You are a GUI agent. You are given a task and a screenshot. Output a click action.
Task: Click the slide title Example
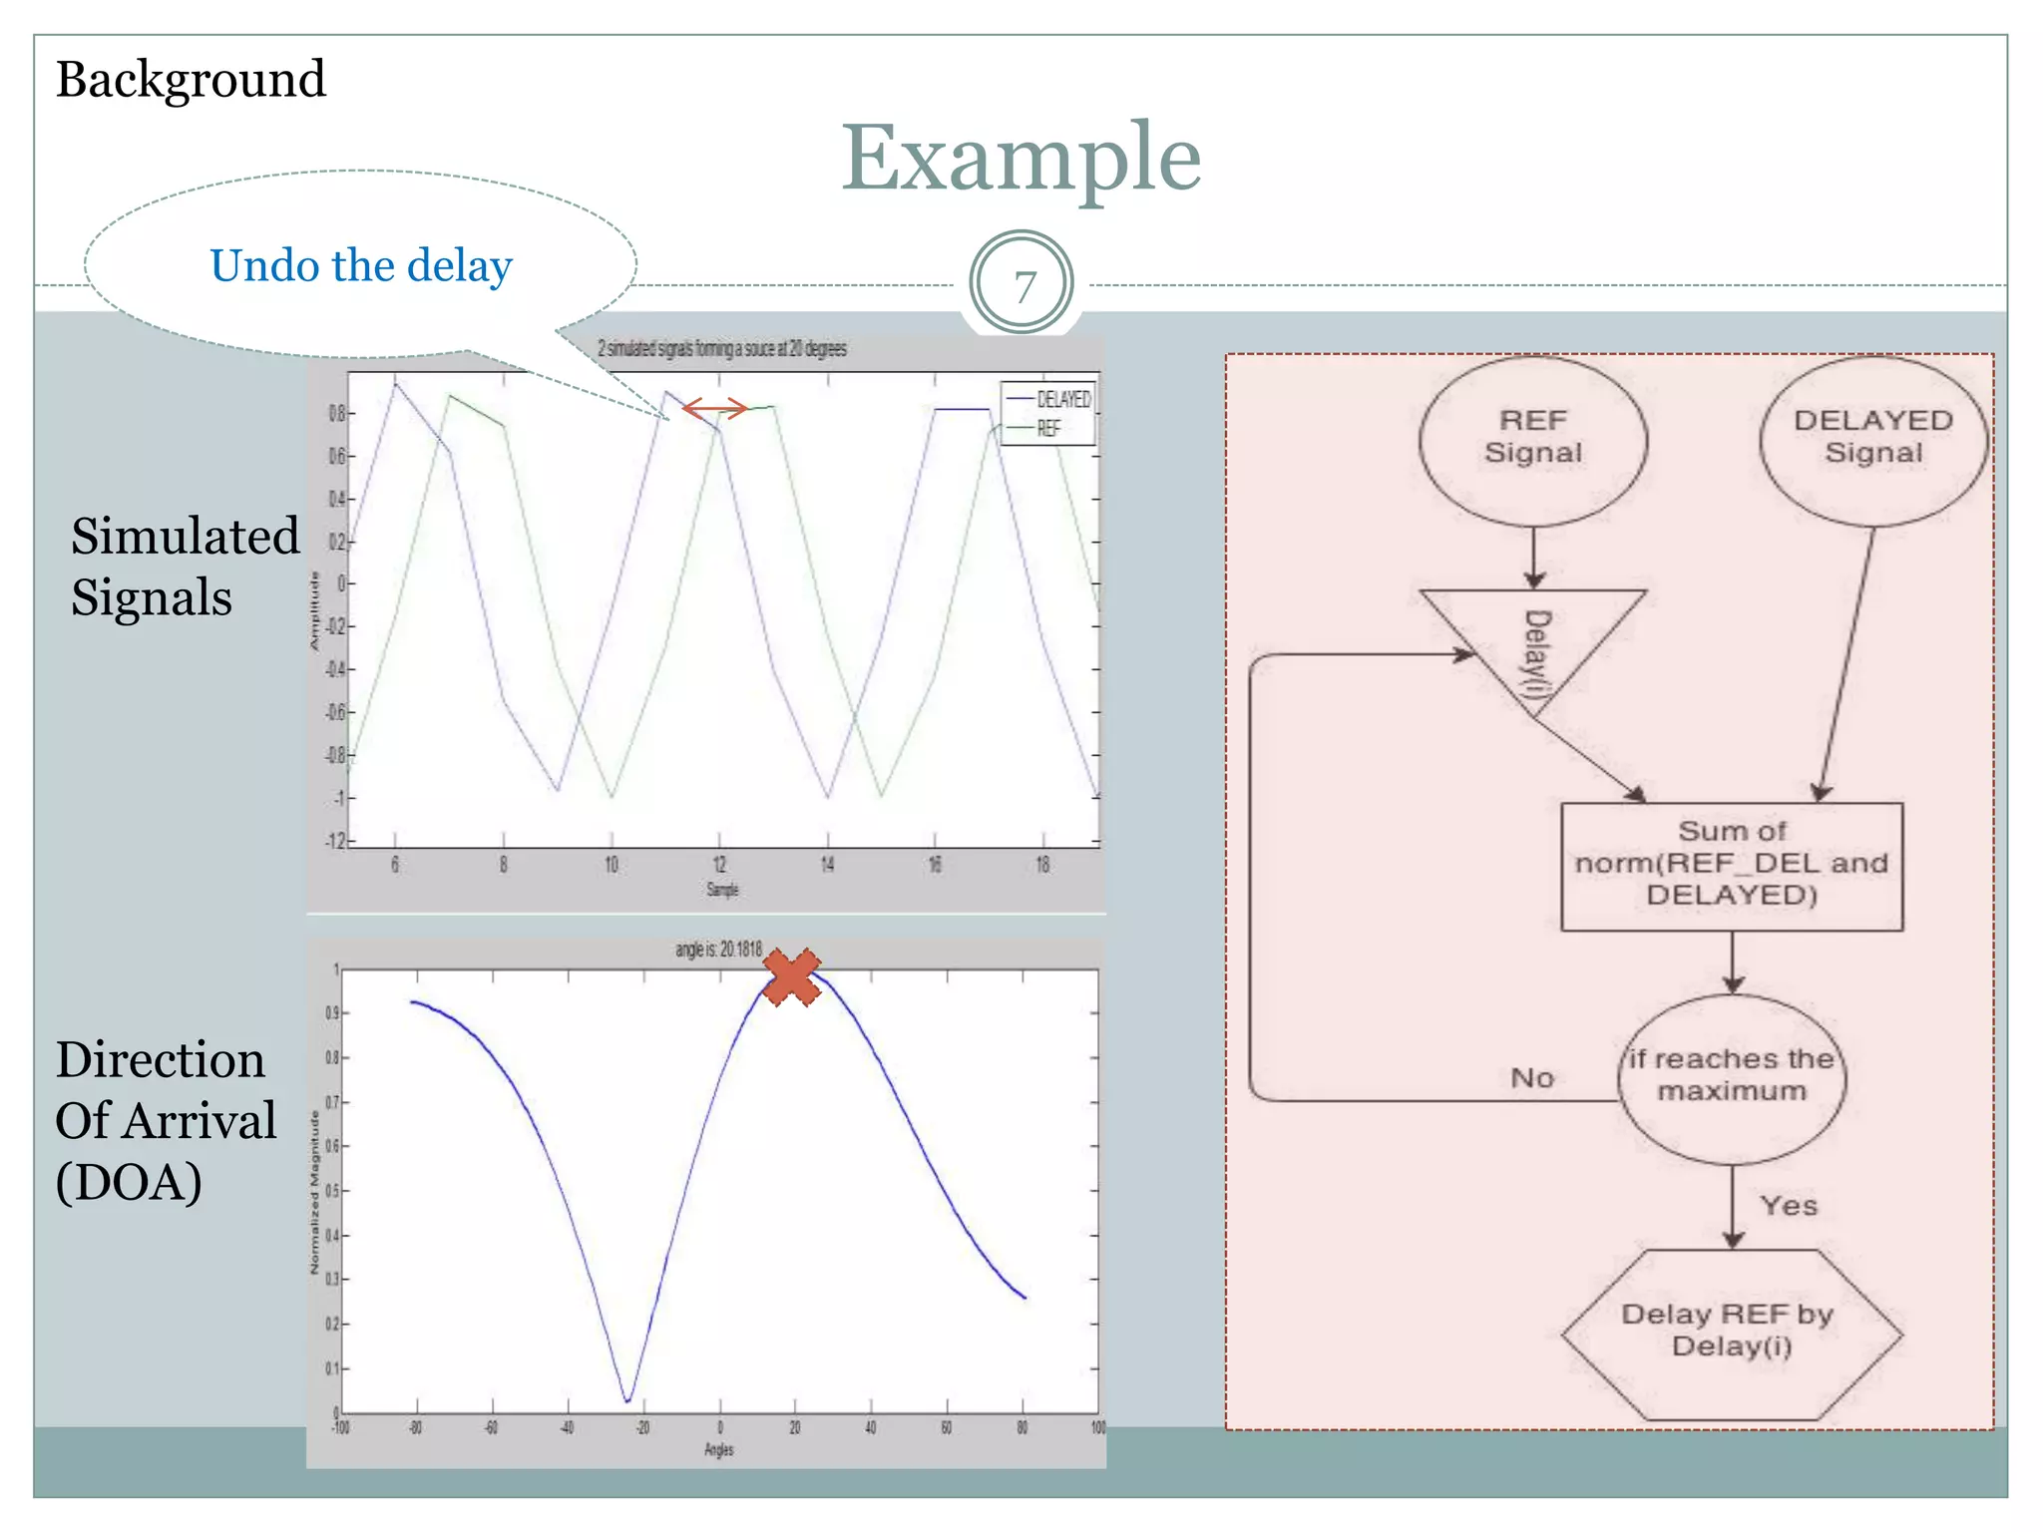coord(1021,160)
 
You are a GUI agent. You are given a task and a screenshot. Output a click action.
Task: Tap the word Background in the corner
coord(191,80)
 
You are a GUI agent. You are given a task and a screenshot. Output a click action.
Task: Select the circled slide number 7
coord(1021,285)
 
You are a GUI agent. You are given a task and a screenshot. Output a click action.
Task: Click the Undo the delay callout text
coord(360,266)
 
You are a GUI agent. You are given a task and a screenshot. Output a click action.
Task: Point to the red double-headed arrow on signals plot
coord(714,408)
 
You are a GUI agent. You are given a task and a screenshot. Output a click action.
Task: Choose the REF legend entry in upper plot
coord(1047,429)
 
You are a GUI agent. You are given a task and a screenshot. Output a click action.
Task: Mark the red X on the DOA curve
coord(792,977)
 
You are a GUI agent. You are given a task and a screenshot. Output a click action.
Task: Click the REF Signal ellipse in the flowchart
coord(1533,439)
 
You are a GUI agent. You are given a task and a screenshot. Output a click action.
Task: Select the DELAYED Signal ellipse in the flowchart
coord(1872,439)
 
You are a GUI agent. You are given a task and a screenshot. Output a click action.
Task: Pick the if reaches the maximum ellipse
coord(1732,1077)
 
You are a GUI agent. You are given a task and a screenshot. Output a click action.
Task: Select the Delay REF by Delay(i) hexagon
coord(1732,1333)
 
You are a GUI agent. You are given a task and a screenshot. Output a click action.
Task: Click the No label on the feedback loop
coord(1532,1078)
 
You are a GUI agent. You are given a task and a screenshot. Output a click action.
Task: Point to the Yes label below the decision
coord(1789,1206)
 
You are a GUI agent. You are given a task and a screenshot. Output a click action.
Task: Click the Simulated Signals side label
coord(185,567)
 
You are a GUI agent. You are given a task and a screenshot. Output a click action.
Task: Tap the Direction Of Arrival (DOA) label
coord(165,1121)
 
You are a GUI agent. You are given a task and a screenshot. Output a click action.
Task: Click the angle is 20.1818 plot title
coord(718,950)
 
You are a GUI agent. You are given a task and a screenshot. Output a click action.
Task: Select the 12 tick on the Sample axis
coord(719,864)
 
